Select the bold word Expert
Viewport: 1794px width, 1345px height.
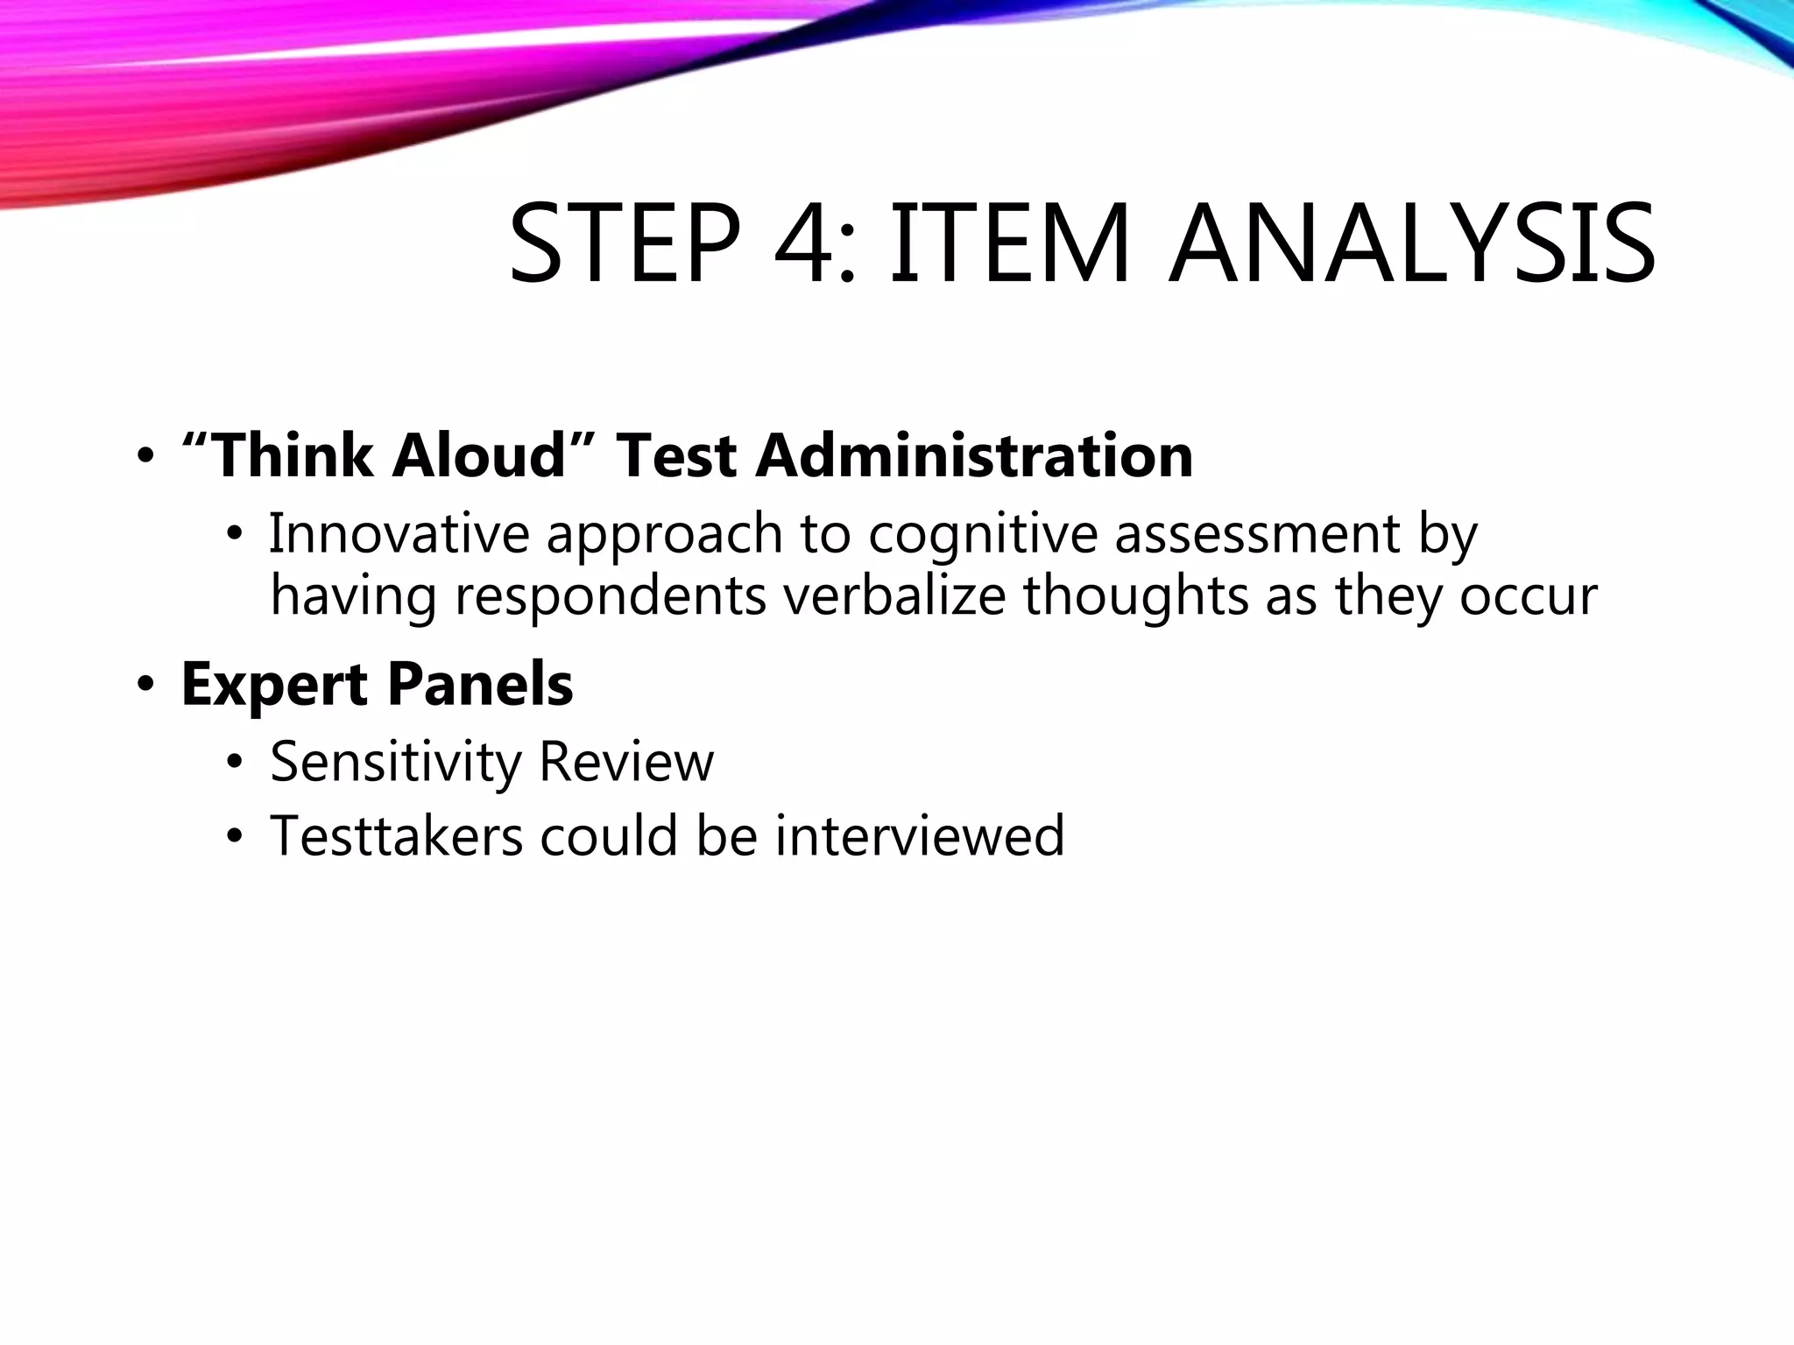point(274,685)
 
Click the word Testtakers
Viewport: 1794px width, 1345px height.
point(396,835)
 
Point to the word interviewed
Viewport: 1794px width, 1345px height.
point(919,835)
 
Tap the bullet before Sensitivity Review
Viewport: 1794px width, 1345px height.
point(233,763)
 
